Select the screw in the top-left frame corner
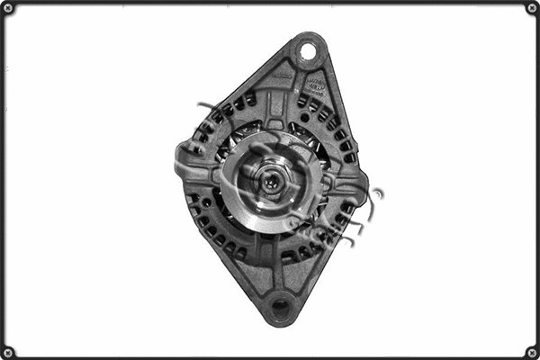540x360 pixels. coord(8,8)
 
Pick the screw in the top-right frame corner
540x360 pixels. coord(532,8)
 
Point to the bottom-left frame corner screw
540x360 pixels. coord(8,352)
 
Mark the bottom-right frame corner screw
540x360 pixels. coord(532,352)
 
